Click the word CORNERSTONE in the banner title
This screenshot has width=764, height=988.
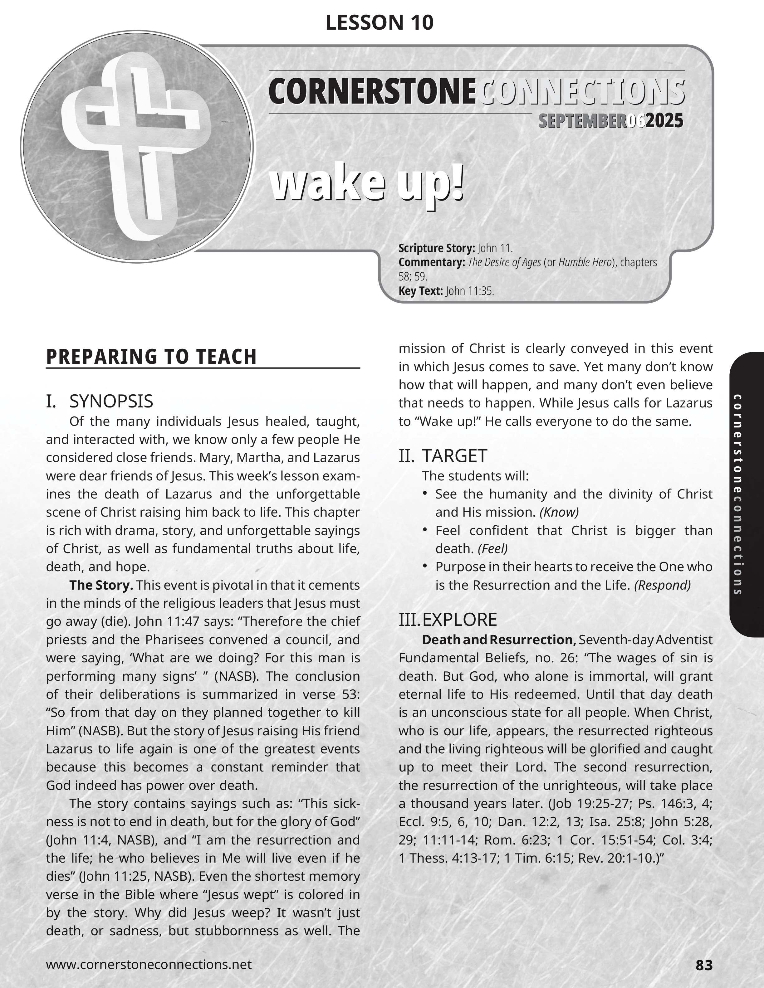click(372, 91)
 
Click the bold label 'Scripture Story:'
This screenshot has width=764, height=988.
click(436, 248)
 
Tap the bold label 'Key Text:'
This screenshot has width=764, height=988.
click(420, 291)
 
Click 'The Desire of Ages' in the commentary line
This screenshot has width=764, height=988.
click(504, 262)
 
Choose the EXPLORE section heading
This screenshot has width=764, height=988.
click(459, 619)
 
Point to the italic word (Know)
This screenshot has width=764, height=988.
click(559, 512)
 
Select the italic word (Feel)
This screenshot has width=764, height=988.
click(493, 548)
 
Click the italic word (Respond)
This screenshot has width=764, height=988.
click(662, 585)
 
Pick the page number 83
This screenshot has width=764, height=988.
click(704, 965)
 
